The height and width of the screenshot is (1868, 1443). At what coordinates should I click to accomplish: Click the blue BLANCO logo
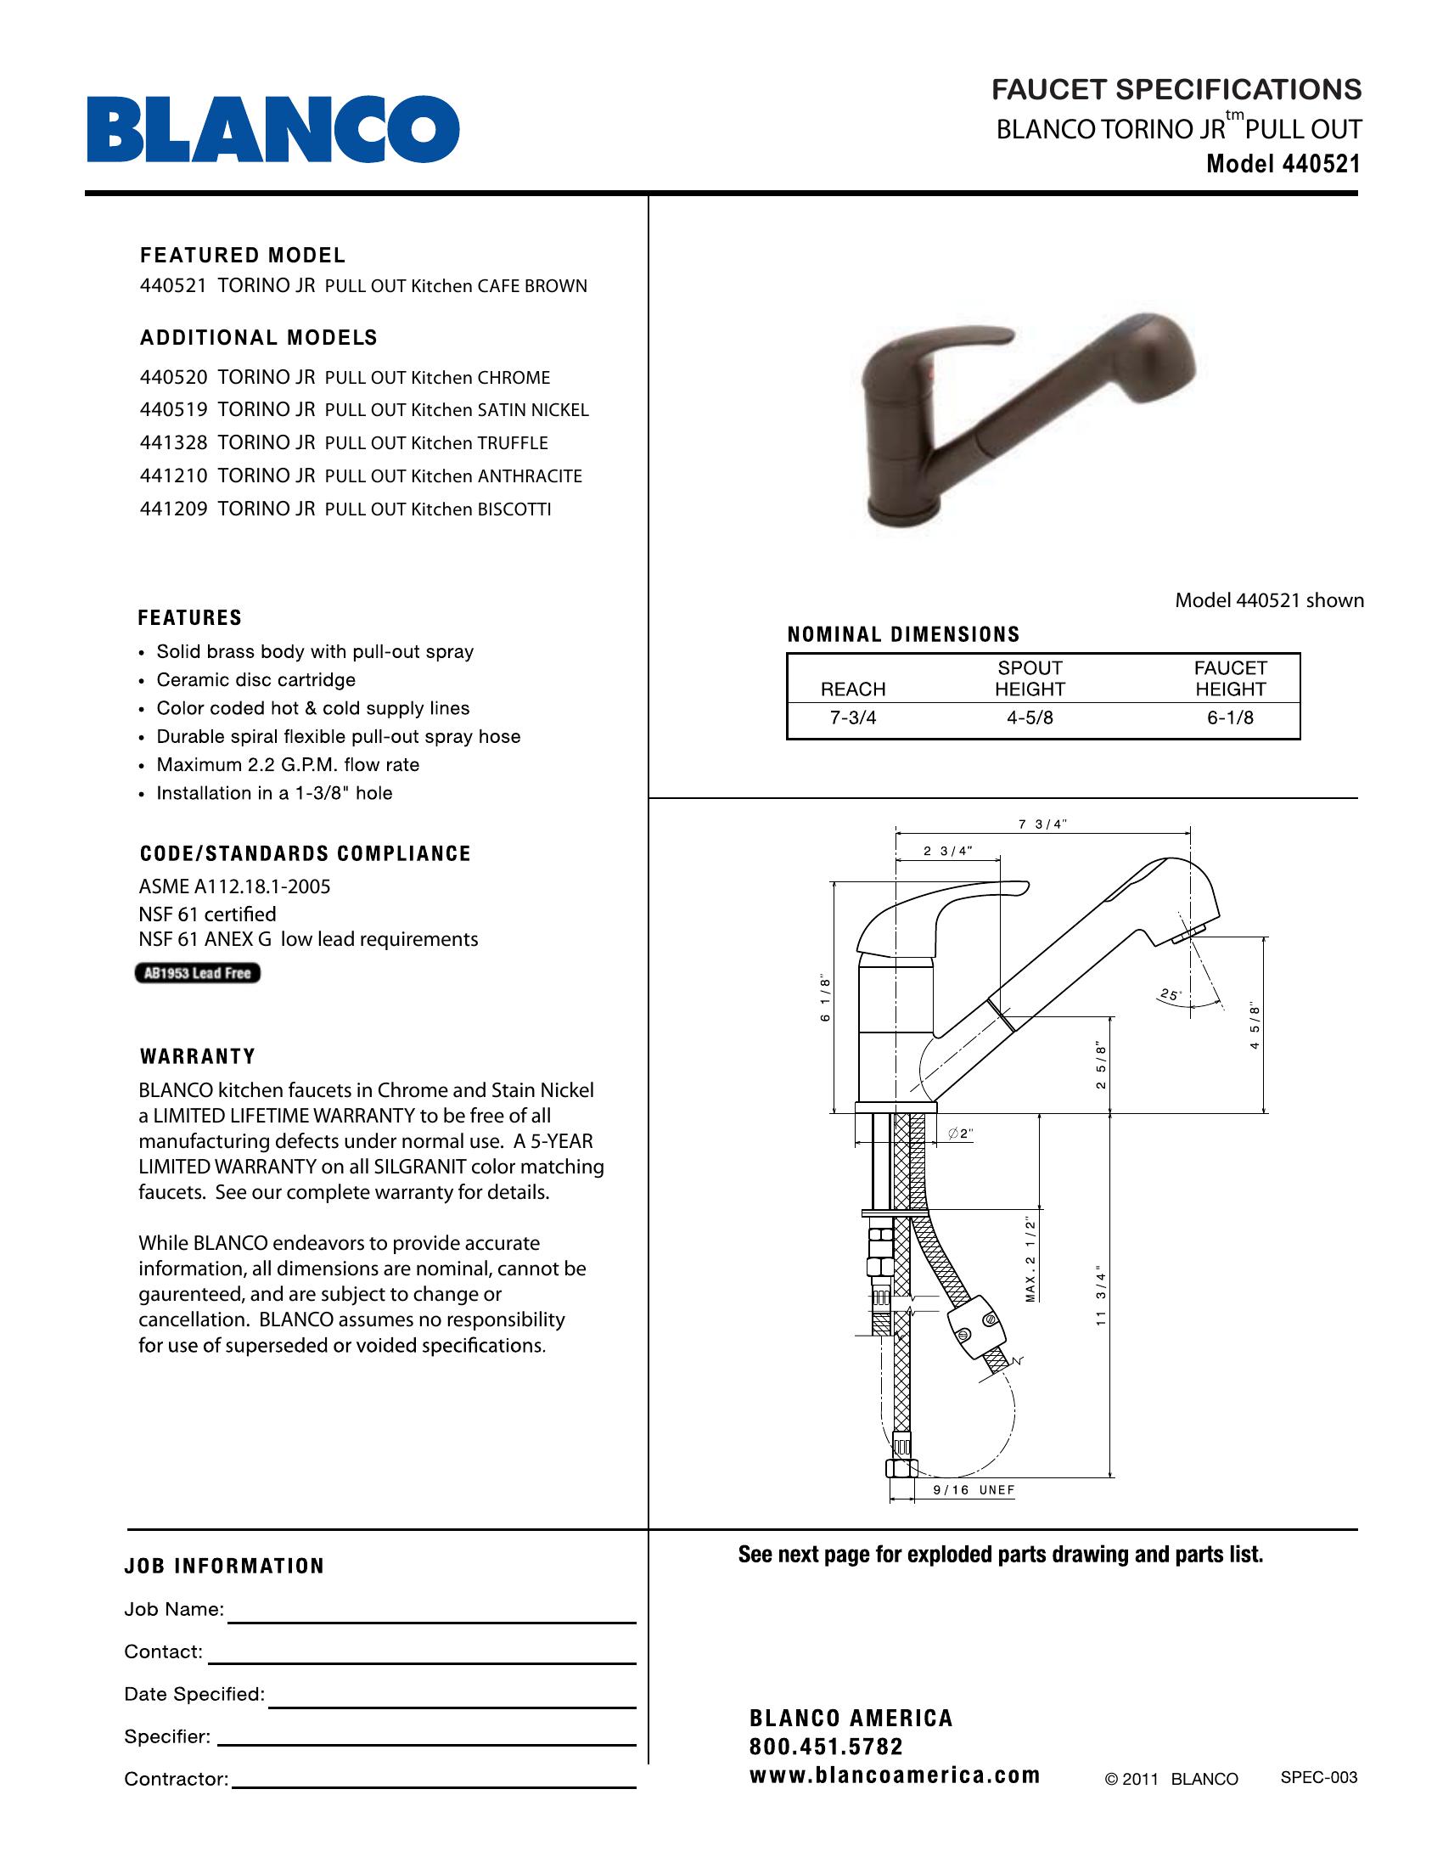[x=272, y=129]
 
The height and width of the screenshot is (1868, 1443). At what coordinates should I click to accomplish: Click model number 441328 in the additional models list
[x=173, y=442]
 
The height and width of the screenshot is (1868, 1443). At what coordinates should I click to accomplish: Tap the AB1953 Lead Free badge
[x=198, y=973]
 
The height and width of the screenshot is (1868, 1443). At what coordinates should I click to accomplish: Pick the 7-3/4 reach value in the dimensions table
[x=852, y=718]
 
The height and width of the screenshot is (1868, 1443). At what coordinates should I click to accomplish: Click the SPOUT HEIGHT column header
[x=1030, y=678]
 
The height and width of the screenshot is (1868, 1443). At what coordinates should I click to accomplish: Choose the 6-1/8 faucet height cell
[x=1229, y=718]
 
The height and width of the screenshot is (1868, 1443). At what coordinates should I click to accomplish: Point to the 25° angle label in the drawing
[x=1170, y=995]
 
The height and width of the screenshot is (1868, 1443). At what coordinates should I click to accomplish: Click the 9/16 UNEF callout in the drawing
[x=974, y=1490]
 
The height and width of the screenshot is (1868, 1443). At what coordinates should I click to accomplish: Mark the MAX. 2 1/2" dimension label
[x=1031, y=1260]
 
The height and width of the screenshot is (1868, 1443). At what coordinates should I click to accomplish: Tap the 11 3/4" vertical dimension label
[x=1101, y=1295]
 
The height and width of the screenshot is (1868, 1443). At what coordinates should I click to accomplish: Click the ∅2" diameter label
[x=961, y=1134]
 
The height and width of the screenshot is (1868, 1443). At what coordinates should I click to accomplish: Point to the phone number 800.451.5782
[x=826, y=1747]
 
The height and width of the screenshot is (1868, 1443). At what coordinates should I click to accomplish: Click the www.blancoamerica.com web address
[x=894, y=1775]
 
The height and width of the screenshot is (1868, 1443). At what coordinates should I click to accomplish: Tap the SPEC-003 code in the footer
[x=1318, y=1777]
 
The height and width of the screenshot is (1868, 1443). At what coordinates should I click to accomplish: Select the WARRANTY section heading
[x=198, y=1056]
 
